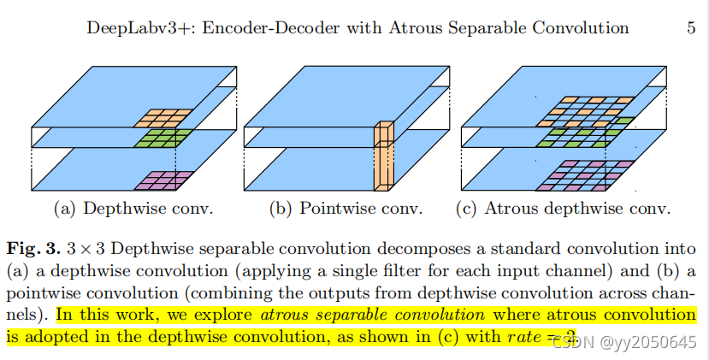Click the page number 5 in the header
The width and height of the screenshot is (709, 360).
[x=690, y=27]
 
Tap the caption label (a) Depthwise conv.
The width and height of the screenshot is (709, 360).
[x=121, y=209]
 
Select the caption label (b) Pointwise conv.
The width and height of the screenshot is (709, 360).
[x=344, y=209]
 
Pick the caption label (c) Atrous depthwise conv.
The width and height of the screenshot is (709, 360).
[x=565, y=209]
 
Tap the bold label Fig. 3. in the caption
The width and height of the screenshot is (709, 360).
[x=32, y=249]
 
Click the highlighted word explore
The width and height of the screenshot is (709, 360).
[x=227, y=314]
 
